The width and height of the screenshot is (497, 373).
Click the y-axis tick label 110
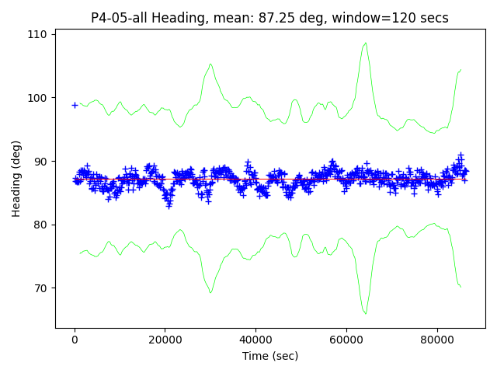click(38, 34)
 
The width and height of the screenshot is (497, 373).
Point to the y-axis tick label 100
click(38, 98)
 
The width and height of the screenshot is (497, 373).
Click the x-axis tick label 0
click(75, 340)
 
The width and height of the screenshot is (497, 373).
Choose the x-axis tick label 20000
click(165, 340)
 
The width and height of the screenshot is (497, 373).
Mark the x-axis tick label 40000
click(255, 340)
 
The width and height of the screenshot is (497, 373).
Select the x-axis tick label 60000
click(346, 340)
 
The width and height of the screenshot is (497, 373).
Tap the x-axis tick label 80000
click(436, 340)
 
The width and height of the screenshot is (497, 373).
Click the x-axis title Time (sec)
click(270, 356)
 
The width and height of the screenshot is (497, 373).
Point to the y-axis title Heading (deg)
click(16, 178)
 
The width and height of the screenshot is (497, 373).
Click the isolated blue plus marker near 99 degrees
click(75, 105)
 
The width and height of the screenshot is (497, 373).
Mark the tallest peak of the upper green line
click(366, 44)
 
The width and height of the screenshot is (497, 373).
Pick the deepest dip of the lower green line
click(366, 313)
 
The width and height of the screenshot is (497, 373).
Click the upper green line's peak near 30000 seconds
click(210, 64)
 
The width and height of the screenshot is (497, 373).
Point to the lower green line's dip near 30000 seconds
click(210, 292)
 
